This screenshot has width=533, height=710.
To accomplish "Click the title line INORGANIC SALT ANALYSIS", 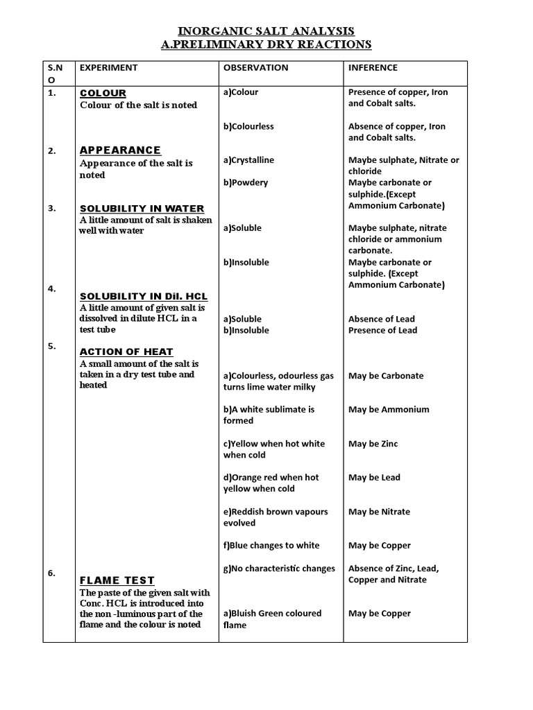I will click(x=266, y=31).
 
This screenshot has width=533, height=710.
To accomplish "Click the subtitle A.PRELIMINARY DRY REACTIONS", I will click(x=266, y=45).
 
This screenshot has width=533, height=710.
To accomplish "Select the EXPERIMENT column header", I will click(x=109, y=68).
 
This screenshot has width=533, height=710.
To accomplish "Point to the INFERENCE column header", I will click(x=373, y=68).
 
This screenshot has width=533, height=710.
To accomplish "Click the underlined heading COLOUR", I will click(x=103, y=93).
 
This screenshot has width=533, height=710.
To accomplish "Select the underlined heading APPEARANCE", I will click(x=120, y=150).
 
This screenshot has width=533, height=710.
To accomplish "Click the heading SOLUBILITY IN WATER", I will click(x=142, y=209).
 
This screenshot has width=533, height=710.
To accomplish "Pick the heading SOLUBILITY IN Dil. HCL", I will click(x=144, y=296).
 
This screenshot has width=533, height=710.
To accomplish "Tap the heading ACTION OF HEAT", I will click(x=126, y=352).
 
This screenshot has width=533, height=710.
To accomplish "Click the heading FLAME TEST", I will click(x=117, y=580).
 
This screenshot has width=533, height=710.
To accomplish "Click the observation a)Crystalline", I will click(x=248, y=160).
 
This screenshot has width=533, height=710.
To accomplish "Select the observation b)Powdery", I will click(x=245, y=183).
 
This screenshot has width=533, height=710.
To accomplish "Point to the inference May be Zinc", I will click(x=373, y=444).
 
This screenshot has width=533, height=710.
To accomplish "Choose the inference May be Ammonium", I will click(x=389, y=410).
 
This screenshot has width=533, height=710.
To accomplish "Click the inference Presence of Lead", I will click(x=382, y=331).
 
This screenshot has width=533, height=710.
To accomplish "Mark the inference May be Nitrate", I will click(x=379, y=512).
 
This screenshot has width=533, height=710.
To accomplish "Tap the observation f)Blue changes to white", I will click(x=271, y=546).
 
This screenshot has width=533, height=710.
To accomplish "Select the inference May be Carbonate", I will click(x=385, y=376).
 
